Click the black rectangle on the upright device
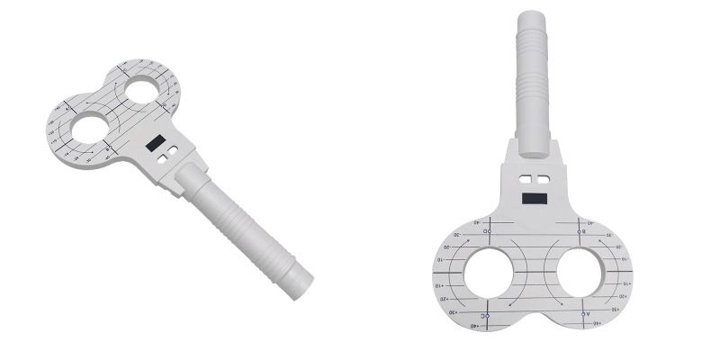(x=536, y=196)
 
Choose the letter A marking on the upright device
(x=586, y=315)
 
